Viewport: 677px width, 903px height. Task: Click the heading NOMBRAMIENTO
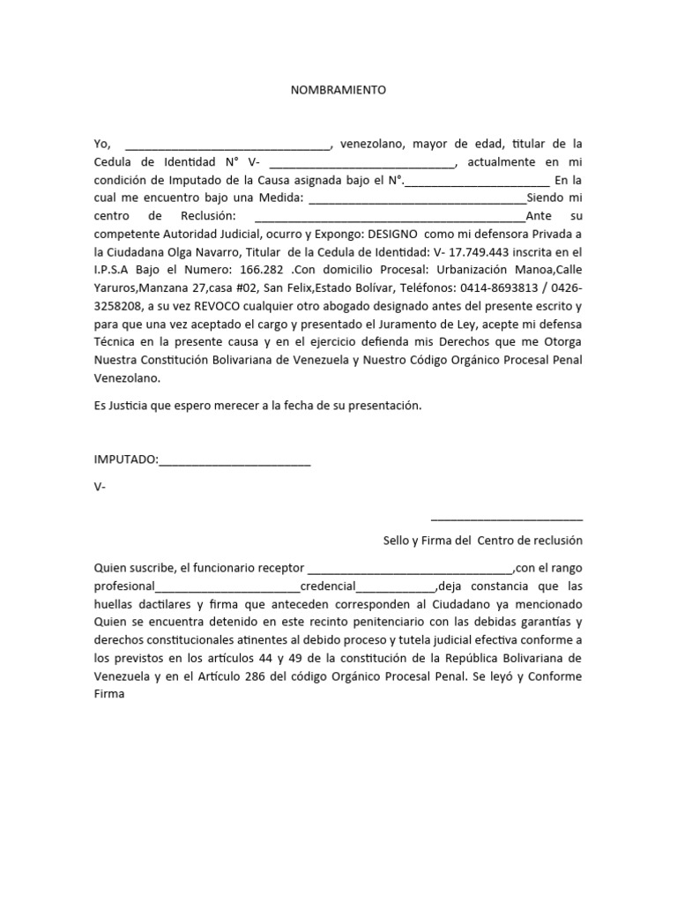click(x=338, y=90)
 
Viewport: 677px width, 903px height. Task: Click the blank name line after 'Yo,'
click(x=227, y=145)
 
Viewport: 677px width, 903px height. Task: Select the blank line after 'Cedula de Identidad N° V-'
click(x=362, y=163)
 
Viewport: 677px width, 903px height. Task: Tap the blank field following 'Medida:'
click(x=416, y=199)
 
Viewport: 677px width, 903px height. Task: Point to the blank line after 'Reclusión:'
click(x=389, y=218)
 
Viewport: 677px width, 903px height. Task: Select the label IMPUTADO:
click(x=126, y=459)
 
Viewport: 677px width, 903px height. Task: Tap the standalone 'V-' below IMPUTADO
click(x=100, y=486)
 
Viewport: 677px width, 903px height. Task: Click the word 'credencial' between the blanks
click(x=328, y=587)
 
